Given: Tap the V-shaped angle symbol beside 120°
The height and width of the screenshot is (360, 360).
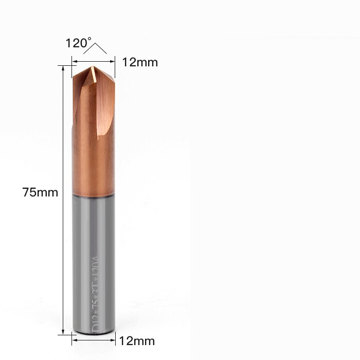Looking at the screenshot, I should click(96, 48).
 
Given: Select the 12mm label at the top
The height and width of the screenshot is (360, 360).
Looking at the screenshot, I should click(139, 62).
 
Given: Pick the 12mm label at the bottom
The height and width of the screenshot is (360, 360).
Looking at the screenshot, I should click(136, 340).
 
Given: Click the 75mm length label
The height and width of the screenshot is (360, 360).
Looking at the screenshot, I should click(40, 193).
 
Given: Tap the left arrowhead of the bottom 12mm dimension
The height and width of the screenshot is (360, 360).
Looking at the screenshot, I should click(74, 339).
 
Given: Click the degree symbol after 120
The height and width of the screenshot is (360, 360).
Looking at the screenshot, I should click(89, 39).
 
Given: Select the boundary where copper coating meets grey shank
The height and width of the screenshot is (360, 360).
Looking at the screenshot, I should click(93, 194).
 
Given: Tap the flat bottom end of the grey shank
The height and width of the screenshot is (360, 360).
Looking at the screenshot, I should click(93, 333).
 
